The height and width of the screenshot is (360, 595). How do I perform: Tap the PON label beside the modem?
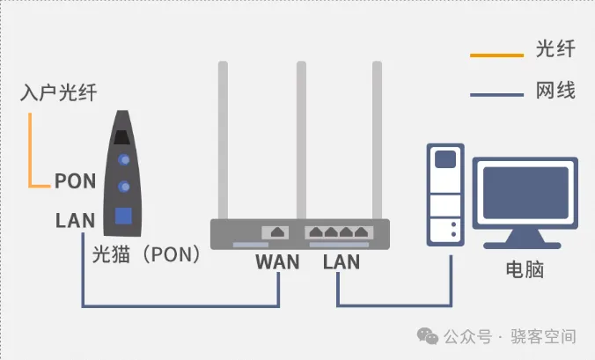[x=75, y=181]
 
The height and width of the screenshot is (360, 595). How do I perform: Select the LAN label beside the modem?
[x=75, y=219]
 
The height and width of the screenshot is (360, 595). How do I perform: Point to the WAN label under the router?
[x=277, y=261]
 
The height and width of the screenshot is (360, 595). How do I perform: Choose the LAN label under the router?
[x=342, y=261]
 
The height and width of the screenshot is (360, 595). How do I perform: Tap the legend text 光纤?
[x=555, y=49]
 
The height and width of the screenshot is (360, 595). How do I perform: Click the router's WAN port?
[x=278, y=231]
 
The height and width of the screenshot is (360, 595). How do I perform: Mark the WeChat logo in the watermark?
[x=427, y=336]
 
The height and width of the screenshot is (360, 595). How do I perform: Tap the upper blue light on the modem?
[x=125, y=159]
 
